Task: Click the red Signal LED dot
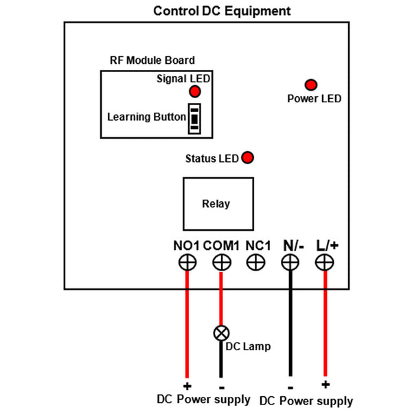[194, 92]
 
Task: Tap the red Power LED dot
[311, 85]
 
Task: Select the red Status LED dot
[247, 158]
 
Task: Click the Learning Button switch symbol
[196, 118]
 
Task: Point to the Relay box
[216, 204]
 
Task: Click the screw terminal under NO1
[187, 262]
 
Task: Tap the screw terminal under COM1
[221, 262]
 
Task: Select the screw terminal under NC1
[256, 262]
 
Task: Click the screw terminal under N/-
[290, 262]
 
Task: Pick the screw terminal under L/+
[324, 262]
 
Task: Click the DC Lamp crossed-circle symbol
[221, 333]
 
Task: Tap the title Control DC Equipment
[222, 12]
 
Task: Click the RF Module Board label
[152, 60]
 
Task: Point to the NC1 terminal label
[259, 245]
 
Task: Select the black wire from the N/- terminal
[290, 323]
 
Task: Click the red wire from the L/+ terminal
[324, 323]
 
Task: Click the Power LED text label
[314, 99]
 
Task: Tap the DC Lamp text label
[248, 346]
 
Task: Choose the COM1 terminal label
[221, 245]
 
